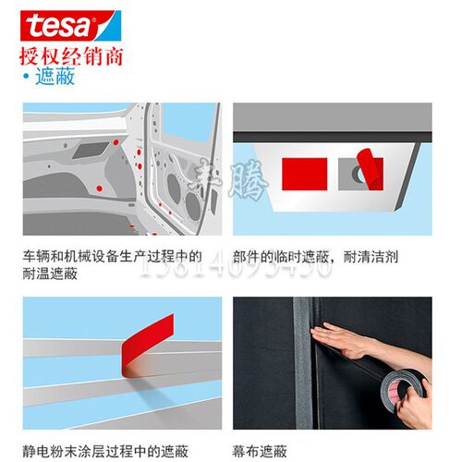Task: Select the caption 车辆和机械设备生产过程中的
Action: [113, 255]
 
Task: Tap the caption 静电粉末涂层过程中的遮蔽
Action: [106, 450]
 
